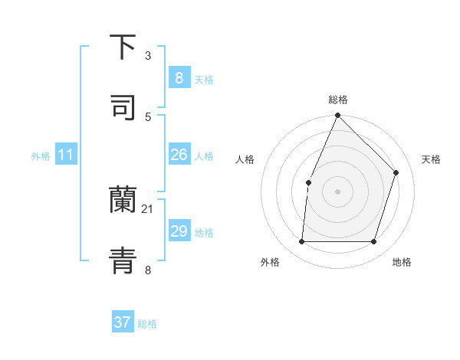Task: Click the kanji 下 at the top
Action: pyautogui.click(x=123, y=47)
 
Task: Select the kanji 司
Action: pyautogui.click(x=123, y=108)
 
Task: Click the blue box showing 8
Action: pyautogui.click(x=179, y=77)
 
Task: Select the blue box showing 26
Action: pyautogui.click(x=179, y=155)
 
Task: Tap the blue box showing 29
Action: pyautogui.click(x=179, y=231)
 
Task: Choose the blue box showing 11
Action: pyautogui.click(x=66, y=155)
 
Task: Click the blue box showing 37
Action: pyautogui.click(x=123, y=322)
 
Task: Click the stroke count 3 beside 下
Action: pyautogui.click(x=148, y=56)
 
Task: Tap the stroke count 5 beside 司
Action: pyautogui.click(x=148, y=117)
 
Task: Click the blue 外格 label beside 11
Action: pyautogui.click(x=41, y=156)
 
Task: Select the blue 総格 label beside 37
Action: pyautogui.click(x=147, y=324)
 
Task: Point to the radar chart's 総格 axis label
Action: pyautogui.click(x=338, y=100)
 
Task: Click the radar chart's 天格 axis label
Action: pyautogui.click(x=431, y=159)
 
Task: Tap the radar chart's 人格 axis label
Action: pyautogui.click(x=245, y=159)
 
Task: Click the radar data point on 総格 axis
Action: pyautogui.click(x=337, y=115)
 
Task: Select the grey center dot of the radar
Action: pyautogui.click(x=337, y=191)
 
